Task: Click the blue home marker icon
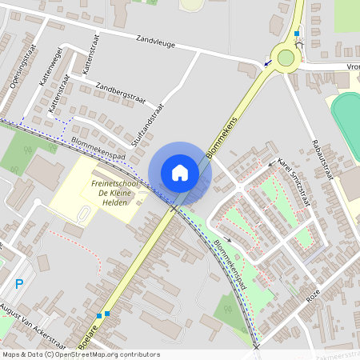point(180,172)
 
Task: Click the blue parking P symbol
point(20,284)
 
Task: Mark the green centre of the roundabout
point(286,58)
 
